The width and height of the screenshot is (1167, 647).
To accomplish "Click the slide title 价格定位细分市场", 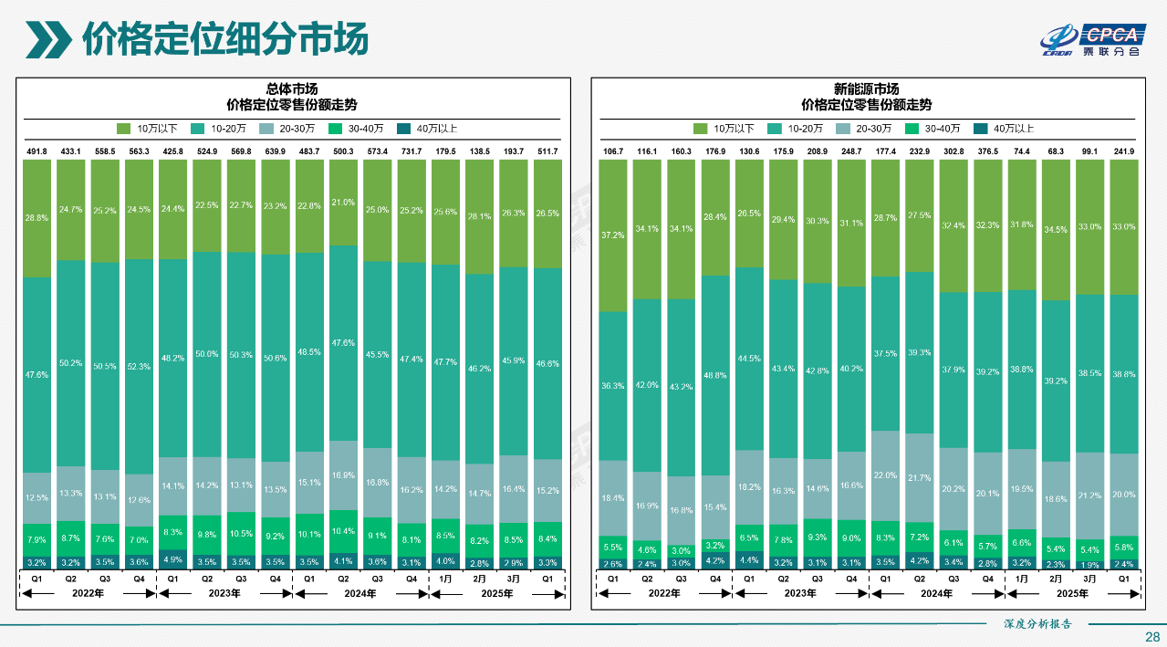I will point(224,39).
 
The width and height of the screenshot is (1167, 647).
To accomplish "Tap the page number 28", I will point(1151,636).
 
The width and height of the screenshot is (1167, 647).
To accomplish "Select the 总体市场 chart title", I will point(292,89).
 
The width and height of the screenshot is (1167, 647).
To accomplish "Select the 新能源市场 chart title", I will point(866,89).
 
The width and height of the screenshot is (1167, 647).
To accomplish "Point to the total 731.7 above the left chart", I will point(411,151).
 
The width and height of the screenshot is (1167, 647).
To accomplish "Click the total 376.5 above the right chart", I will point(990,151).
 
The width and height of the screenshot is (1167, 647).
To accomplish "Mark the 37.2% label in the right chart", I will point(613,235).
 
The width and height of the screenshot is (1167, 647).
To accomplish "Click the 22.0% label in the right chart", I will point(886,475).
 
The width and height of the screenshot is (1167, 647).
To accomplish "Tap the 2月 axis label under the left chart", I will point(480,578).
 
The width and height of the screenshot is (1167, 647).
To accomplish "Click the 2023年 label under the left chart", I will point(224,593).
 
